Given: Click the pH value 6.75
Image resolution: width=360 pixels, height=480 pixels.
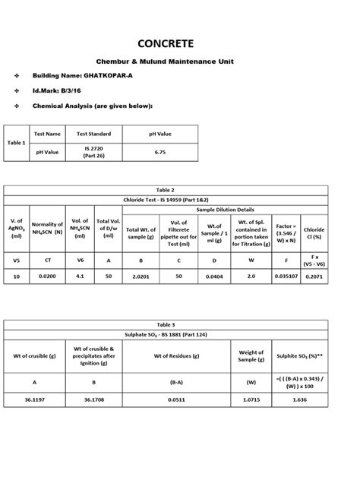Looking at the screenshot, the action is (x=159, y=152).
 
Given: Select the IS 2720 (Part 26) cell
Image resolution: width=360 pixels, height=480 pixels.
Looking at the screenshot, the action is (x=98, y=152).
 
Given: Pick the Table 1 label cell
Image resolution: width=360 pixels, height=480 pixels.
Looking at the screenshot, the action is (x=16, y=143).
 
